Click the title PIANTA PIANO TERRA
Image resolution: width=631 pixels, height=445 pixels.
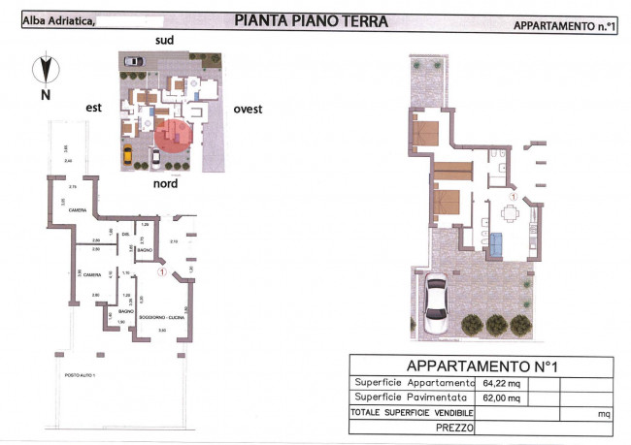311,20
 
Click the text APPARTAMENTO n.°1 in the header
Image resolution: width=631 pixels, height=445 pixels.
564,27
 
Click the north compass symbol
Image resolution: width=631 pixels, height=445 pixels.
45,70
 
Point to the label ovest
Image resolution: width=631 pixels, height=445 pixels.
248,110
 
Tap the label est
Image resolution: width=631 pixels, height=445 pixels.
93,109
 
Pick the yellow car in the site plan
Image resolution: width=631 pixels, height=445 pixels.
127,154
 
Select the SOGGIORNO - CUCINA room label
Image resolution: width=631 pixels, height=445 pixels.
162,317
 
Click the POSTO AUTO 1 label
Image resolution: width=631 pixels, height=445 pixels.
79,375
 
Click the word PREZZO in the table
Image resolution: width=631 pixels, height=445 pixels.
454,428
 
